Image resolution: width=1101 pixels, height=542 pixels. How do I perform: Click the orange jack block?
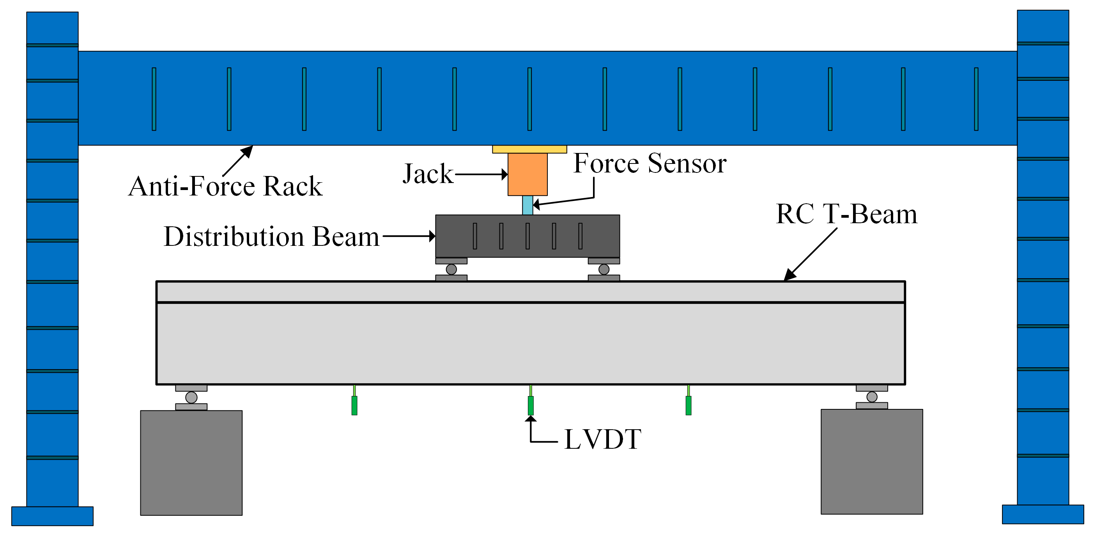pyautogui.click(x=527, y=174)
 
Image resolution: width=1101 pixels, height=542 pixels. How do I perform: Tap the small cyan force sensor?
pyautogui.click(x=527, y=205)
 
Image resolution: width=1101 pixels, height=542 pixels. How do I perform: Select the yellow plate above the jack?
pyautogui.click(x=529, y=149)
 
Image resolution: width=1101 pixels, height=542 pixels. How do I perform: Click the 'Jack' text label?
pyautogui.click(x=428, y=174)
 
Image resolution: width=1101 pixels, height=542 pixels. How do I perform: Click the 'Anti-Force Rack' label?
pyautogui.click(x=225, y=186)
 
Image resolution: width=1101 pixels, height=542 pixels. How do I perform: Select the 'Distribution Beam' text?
pyautogui.click(x=271, y=236)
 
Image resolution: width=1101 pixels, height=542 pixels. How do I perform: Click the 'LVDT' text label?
pyautogui.click(x=602, y=439)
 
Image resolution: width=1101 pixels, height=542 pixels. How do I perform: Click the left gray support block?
pyautogui.click(x=191, y=462)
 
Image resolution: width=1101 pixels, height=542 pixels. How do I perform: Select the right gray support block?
pyautogui.click(x=871, y=461)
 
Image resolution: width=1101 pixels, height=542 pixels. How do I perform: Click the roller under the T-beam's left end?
pyautogui.click(x=191, y=397)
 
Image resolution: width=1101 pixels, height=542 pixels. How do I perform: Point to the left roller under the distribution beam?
pyautogui.click(x=451, y=269)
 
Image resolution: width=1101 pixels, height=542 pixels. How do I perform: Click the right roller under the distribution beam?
pyautogui.click(x=604, y=269)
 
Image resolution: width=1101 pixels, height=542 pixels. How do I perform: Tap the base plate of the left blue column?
pyautogui.click(x=52, y=516)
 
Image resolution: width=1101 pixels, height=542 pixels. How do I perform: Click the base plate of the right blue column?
pyautogui.click(x=1043, y=514)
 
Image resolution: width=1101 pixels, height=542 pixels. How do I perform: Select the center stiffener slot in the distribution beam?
pyautogui.click(x=527, y=236)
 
